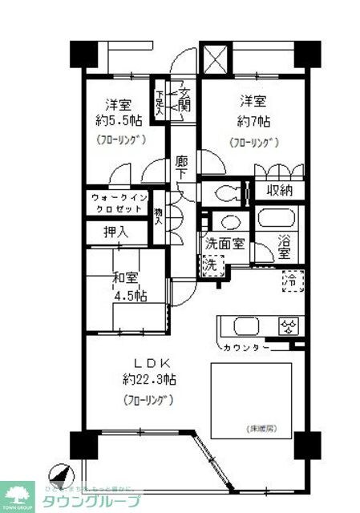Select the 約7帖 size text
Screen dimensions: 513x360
pos(253,123)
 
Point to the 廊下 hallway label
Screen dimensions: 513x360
pos(183,168)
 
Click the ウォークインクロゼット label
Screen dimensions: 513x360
pos(119,203)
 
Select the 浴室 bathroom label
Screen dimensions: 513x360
pos(285,246)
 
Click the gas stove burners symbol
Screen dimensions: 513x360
pos(288,325)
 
